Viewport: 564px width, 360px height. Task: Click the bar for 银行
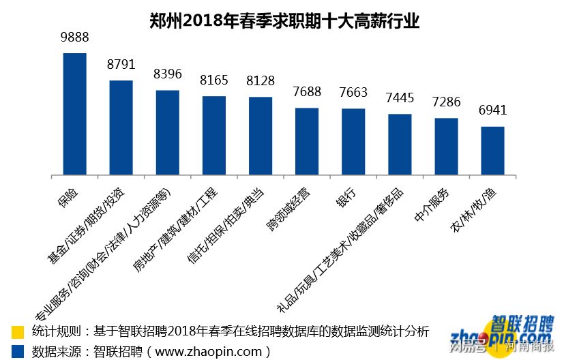pyautogui.click(x=353, y=141)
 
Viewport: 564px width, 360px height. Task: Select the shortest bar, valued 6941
pyautogui.click(x=492, y=150)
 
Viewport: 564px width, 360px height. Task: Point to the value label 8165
pyautogui.click(x=214, y=80)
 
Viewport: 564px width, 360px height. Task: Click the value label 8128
pyautogui.click(x=261, y=81)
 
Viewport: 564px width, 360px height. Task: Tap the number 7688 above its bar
pyautogui.click(x=307, y=92)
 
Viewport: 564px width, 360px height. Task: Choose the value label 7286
pyautogui.click(x=446, y=102)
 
